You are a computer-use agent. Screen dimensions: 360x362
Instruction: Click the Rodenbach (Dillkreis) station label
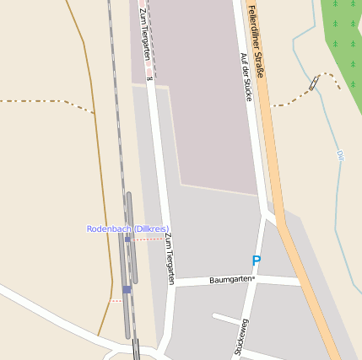tap(128, 229)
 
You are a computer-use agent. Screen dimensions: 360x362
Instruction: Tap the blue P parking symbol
tap(256, 261)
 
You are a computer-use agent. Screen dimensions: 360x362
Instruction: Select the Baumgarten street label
tap(232, 278)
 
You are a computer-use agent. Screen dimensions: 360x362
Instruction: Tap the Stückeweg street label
tap(241, 337)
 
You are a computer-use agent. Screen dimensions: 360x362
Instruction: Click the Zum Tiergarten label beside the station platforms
tap(170, 258)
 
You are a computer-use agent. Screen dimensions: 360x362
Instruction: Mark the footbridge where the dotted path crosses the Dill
tap(314, 83)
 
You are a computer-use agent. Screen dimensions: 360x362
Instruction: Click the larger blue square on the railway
tap(127, 289)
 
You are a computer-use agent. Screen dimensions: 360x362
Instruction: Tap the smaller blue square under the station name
tap(127, 239)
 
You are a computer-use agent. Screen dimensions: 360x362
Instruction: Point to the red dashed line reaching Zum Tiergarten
tap(149, 239)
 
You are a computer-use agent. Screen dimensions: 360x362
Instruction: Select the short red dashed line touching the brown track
tap(115, 300)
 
